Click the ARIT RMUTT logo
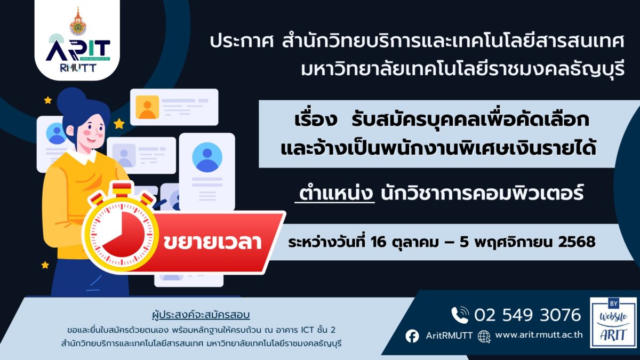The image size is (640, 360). tap(78, 54)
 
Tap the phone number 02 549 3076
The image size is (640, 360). tap(527, 315)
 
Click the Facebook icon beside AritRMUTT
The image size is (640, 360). tap(412, 336)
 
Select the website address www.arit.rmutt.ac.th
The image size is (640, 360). tap(539, 334)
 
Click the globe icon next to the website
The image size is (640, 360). tap(484, 337)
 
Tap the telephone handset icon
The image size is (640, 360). tap(460, 315)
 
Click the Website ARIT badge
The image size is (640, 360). tap(613, 323)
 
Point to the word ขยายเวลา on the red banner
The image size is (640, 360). tap(212, 242)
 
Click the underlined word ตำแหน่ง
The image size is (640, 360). tap(335, 193)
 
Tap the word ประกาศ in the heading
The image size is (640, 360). tap(242, 42)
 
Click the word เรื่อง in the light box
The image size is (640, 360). tap(316, 119)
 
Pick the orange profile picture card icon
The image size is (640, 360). tap(147, 107)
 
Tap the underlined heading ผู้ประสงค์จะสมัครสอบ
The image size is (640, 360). tap(201, 315)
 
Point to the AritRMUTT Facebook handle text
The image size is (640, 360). tap(449, 335)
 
